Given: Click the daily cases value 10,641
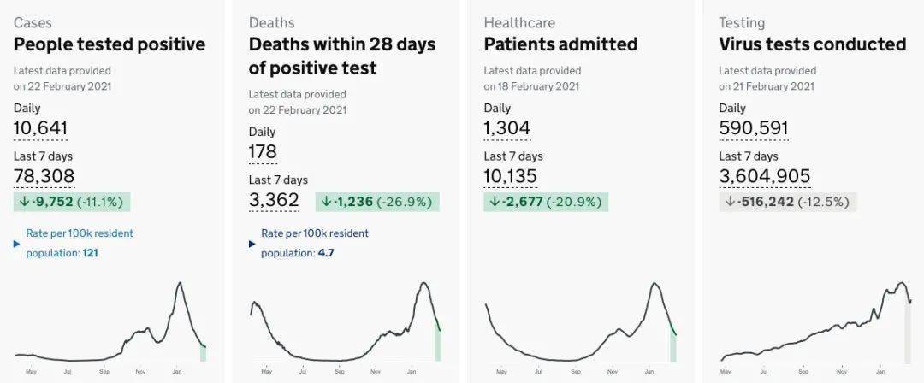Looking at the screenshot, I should (40, 129).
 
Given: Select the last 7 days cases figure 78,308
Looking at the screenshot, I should (44, 176).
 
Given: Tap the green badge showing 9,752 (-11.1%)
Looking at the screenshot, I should (71, 203).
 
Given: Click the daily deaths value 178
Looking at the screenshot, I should (263, 152).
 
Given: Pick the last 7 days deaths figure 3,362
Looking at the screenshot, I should (274, 200).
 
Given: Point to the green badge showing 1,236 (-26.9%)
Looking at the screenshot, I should (377, 202).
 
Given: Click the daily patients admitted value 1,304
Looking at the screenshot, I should (507, 129).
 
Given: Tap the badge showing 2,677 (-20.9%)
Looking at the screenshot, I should (545, 203).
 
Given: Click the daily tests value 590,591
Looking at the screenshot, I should (753, 129).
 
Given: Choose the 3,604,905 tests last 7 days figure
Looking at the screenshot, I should (764, 176).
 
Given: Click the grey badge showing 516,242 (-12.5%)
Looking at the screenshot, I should (787, 203).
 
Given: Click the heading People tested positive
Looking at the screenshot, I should (110, 44).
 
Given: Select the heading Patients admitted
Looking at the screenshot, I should (560, 44).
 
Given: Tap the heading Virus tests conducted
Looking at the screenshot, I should (812, 44).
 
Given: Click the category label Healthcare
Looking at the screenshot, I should (519, 22).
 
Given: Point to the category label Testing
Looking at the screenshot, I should (742, 22).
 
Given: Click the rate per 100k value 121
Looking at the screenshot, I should (91, 253).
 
